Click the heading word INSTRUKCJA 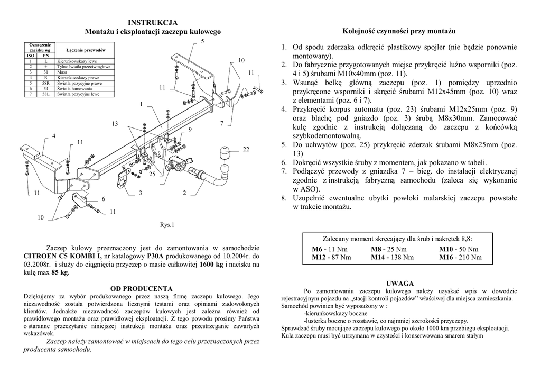[153, 22]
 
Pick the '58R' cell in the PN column [45, 84]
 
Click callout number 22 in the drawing [246, 150]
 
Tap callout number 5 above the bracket [202, 41]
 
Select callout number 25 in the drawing [152, 174]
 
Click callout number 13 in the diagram [115, 124]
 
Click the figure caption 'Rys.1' [167, 224]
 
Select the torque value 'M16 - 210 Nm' [460, 258]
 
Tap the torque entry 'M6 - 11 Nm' [329, 249]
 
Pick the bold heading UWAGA [399, 284]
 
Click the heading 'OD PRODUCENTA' [141, 288]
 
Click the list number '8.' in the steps [284, 198]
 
